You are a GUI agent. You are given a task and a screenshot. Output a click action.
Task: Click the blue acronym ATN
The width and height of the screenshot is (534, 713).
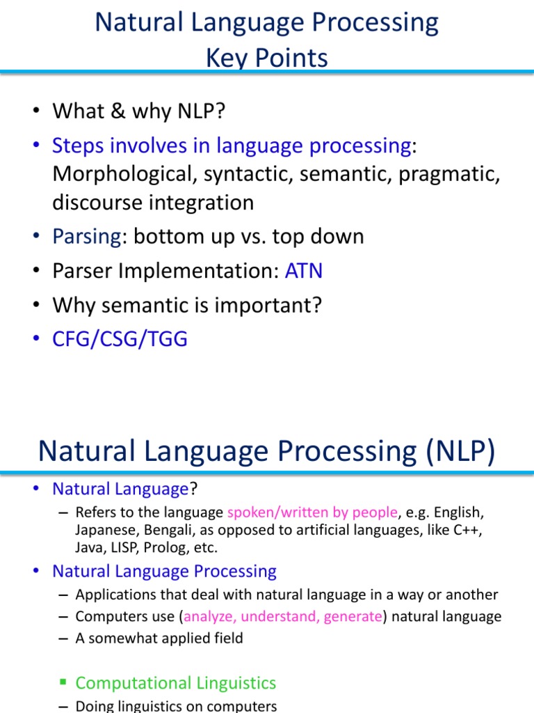pos(304,271)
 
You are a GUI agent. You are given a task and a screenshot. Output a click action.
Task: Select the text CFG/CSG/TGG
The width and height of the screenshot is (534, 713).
pos(120,339)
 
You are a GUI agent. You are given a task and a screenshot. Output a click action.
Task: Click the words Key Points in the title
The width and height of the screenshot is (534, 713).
pos(267,58)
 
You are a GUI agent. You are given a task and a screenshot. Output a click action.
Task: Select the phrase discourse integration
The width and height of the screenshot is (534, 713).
pos(153,203)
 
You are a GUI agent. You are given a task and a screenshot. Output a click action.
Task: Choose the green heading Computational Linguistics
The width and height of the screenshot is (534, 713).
pos(176,683)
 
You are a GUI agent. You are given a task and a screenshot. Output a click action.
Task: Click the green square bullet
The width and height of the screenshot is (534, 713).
pos(63,683)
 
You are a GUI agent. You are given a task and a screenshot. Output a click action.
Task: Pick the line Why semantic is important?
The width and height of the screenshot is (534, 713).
pos(187,305)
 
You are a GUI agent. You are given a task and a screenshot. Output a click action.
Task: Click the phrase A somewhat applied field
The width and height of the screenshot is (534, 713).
pos(159,638)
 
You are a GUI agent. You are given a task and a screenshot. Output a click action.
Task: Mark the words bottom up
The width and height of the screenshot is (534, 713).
pos(179,237)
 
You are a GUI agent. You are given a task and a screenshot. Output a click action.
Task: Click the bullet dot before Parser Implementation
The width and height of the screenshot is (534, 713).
pos(36,271)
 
